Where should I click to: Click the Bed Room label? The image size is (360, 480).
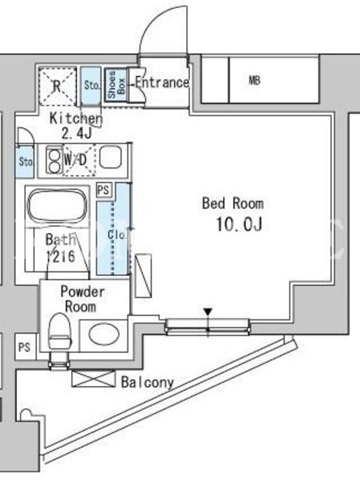click(233, 203)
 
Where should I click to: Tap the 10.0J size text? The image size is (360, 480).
click(239, 224)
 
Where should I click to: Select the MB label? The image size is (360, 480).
click(254, 80)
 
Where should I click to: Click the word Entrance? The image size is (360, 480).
click(162, 82)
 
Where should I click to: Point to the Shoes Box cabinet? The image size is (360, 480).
click(116, 85)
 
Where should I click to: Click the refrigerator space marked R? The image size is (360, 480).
click(58, 86)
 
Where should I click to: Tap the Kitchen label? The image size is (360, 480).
click(76, 119)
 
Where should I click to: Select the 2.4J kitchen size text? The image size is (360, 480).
click(77, 134)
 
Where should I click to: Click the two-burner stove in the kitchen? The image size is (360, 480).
click(54, 159)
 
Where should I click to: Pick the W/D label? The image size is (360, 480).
click(76, 160)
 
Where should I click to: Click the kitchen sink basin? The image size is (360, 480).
click(111, 157)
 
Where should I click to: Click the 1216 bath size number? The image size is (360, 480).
click(61, 256)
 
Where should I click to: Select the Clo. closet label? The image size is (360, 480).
click(116, 235)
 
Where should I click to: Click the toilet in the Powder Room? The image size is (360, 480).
click(60, 331)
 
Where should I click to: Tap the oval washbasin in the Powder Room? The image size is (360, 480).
click(104, 334)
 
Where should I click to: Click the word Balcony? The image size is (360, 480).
click(148, 382)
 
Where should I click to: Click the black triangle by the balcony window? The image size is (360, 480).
click(208, 312)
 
